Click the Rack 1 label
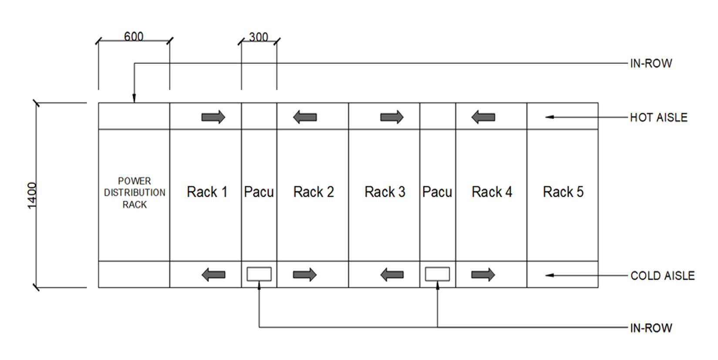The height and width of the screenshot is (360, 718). pos(207,192)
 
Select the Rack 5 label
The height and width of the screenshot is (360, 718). pos(563,192)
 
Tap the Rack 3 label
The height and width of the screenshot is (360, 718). pos(385,192)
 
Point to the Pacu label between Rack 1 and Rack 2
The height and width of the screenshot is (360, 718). pos(259,192)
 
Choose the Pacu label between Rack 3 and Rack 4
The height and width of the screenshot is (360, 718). pos(437,192)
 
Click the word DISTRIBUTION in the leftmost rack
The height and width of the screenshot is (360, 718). pos(135,192)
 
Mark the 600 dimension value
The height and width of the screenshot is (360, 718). pos(134,37)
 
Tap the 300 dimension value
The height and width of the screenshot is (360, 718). pos(258,37)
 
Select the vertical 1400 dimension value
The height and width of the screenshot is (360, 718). pos(32,195)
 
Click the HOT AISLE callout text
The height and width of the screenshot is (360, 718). pos(658,118)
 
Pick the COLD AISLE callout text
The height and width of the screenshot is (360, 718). pos(662,276)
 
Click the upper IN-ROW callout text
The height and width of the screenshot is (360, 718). pos(651,64)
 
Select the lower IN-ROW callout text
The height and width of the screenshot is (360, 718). pos(651,328)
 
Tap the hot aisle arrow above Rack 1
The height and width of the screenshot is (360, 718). pos(213,117)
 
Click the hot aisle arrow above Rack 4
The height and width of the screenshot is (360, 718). pos(483,117)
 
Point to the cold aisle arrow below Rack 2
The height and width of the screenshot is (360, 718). pos(305,275)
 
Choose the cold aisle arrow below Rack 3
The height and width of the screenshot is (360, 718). pos(392,275)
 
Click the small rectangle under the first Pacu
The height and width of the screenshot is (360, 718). pos(259,274)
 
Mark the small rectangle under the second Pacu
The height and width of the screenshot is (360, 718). pos(438,274)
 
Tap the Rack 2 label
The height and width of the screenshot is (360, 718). pos(313,192)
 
